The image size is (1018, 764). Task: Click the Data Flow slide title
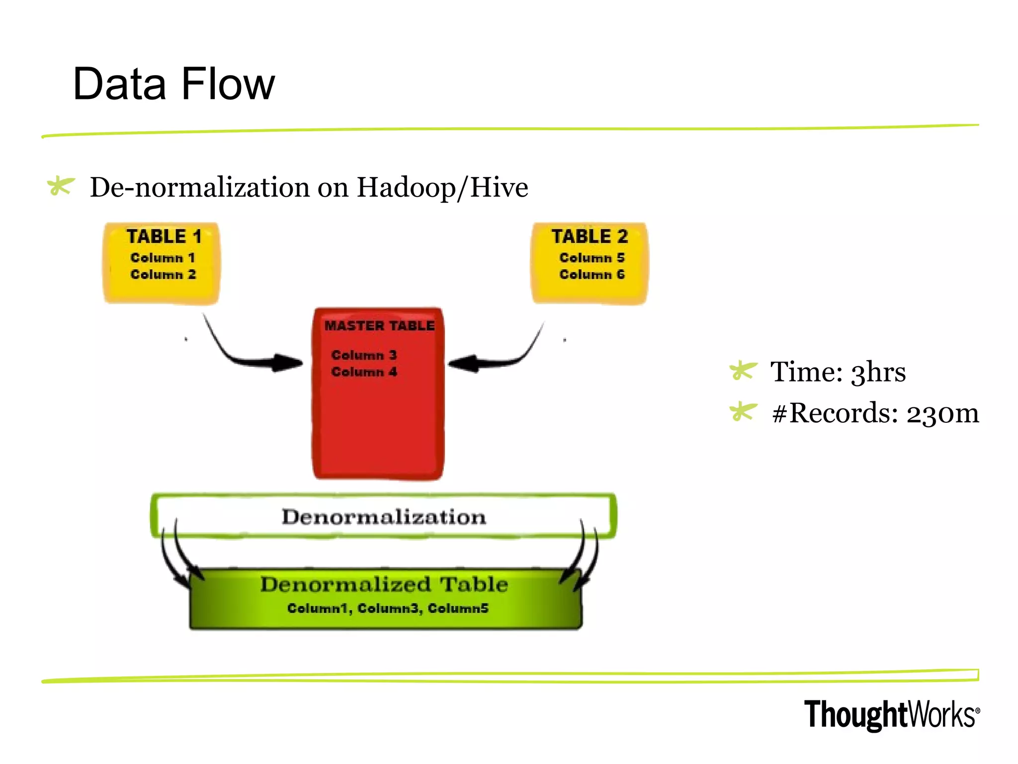173,84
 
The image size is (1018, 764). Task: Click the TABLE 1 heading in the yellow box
164,236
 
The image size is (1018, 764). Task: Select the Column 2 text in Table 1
163,275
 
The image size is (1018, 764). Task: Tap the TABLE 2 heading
590,236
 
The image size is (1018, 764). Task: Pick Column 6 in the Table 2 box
592,275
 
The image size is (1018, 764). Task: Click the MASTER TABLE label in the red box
379,326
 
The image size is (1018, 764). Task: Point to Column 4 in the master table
364,372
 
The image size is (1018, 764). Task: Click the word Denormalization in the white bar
384,517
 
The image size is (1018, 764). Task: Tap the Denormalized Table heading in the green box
384,584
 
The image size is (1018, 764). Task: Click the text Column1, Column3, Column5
388,608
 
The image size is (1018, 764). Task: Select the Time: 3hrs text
838,372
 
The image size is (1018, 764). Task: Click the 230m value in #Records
942,413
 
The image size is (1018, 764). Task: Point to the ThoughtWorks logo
892,715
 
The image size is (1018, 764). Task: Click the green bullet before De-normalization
60,187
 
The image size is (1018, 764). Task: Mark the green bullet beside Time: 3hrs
743,371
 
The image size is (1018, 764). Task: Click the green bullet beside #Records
743,412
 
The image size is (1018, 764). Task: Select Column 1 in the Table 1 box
163,258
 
